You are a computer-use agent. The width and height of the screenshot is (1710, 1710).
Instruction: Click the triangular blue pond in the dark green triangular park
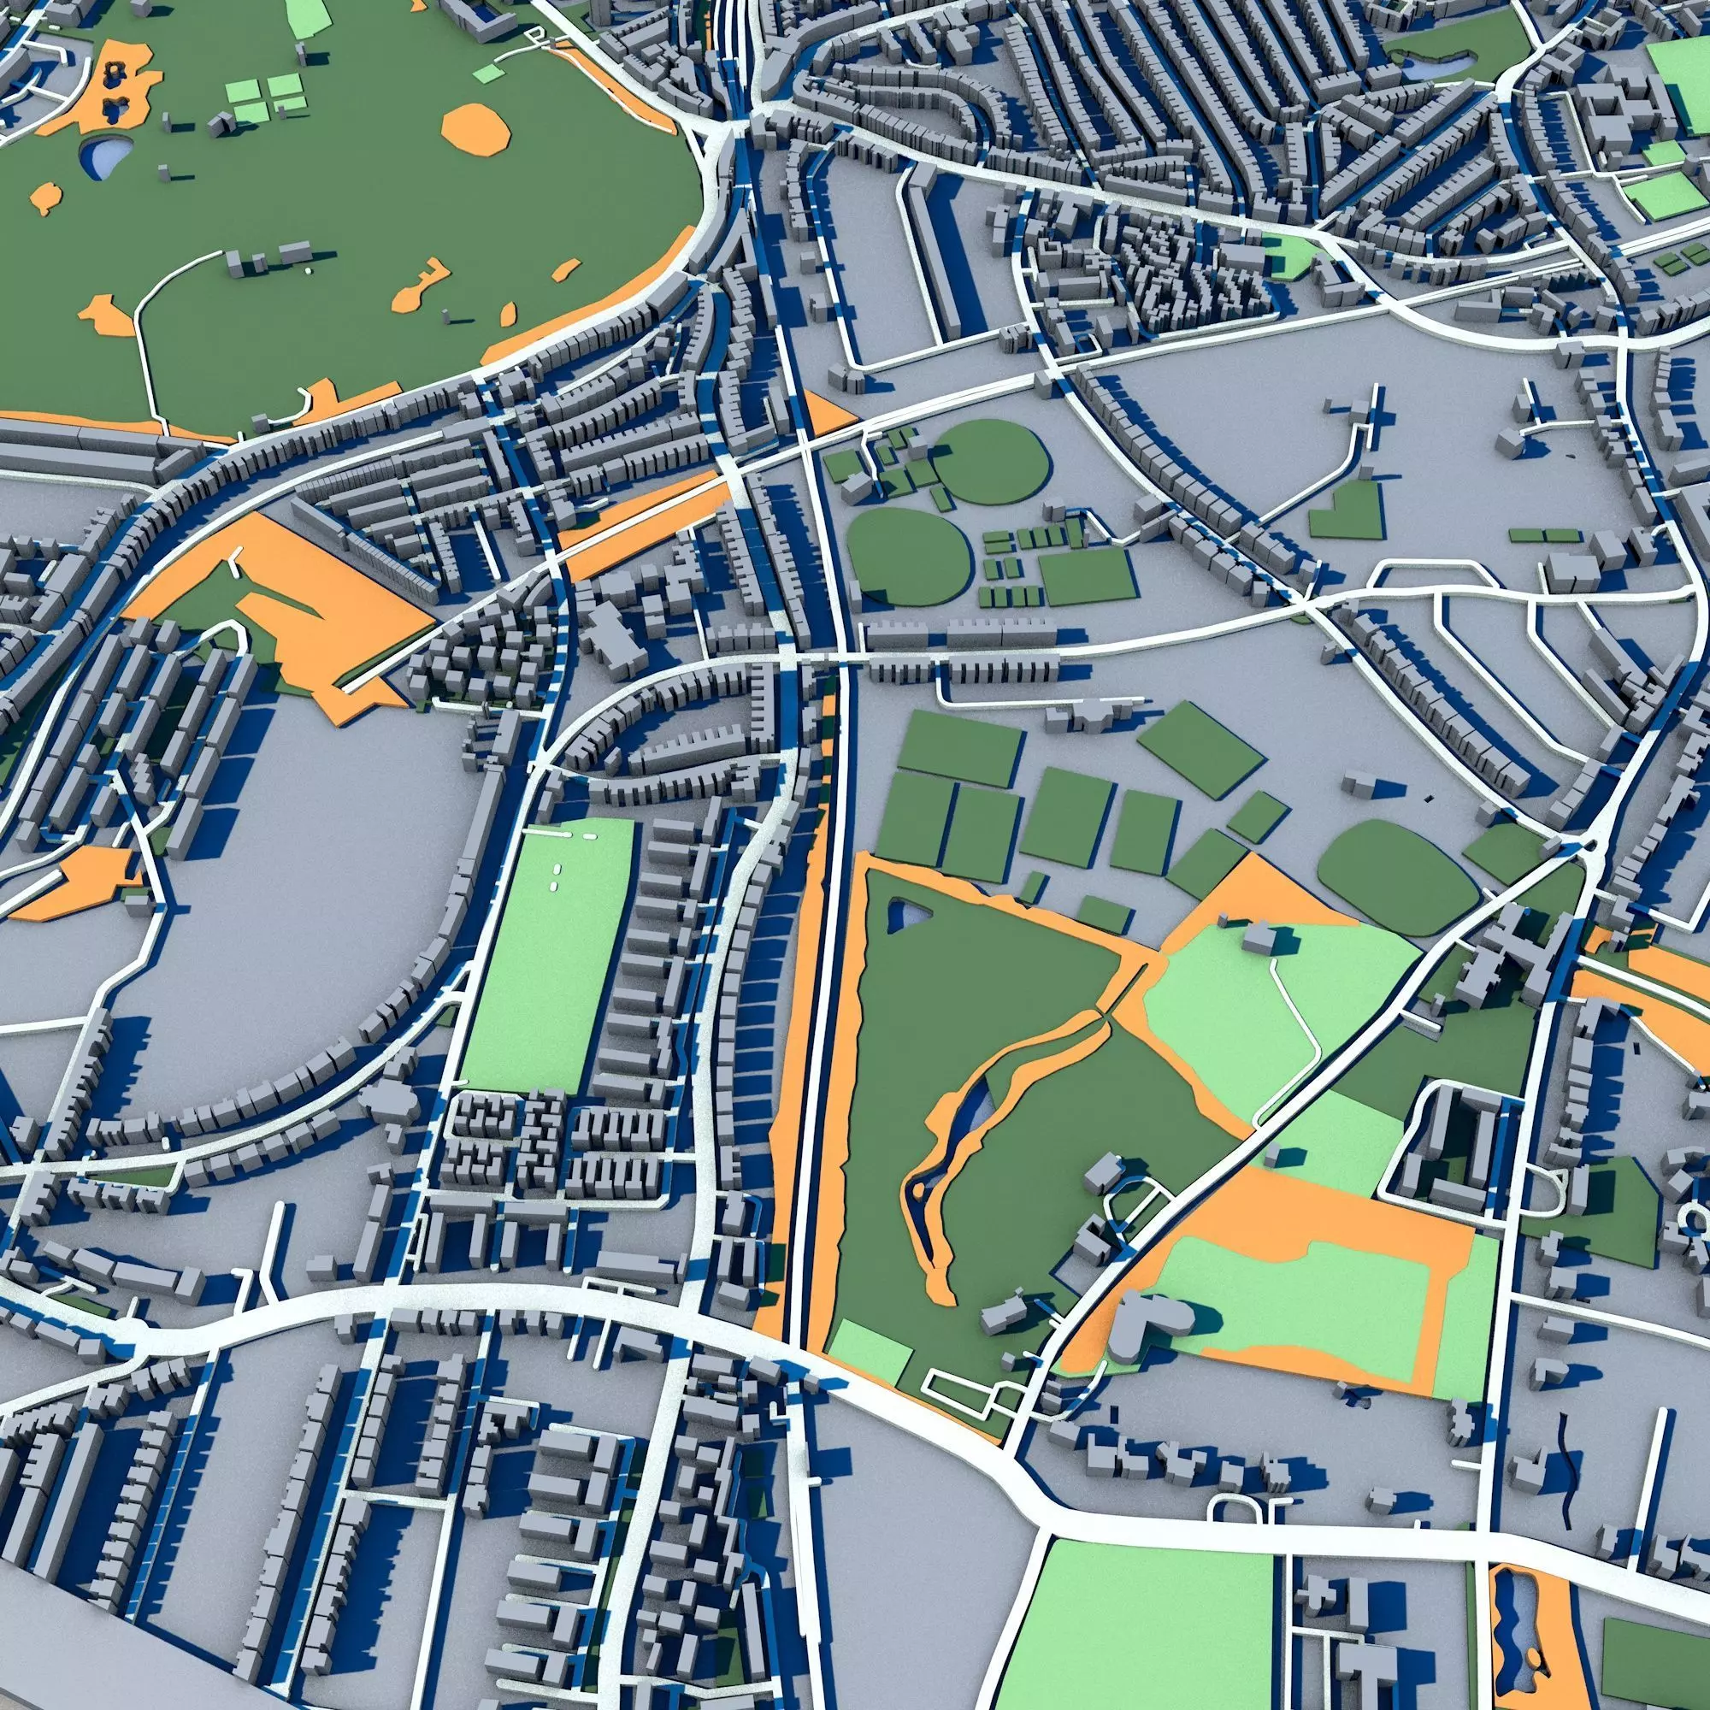904,913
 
